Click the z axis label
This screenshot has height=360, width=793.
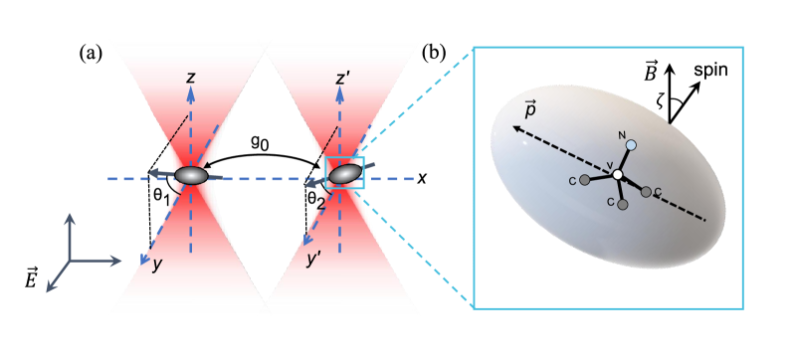point(190,77)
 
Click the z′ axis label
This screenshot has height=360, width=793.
point(342,78)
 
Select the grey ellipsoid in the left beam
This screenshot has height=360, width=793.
point(191,176)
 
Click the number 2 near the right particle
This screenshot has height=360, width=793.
point(321,204)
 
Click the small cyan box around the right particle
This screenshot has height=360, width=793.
point(345,173)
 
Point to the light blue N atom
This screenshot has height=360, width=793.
point(630,145)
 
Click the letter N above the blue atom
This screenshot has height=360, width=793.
point(620,134)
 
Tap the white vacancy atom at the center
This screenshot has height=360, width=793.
point(618,175)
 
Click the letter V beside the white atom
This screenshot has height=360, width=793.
point(609,165)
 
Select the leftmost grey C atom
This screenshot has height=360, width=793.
point(585,180)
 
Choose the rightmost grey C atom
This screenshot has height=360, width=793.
point(647,191)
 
